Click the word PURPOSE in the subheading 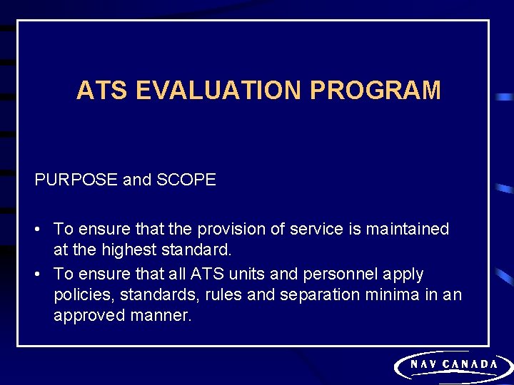tap(76, 180)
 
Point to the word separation tap(318, 295)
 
